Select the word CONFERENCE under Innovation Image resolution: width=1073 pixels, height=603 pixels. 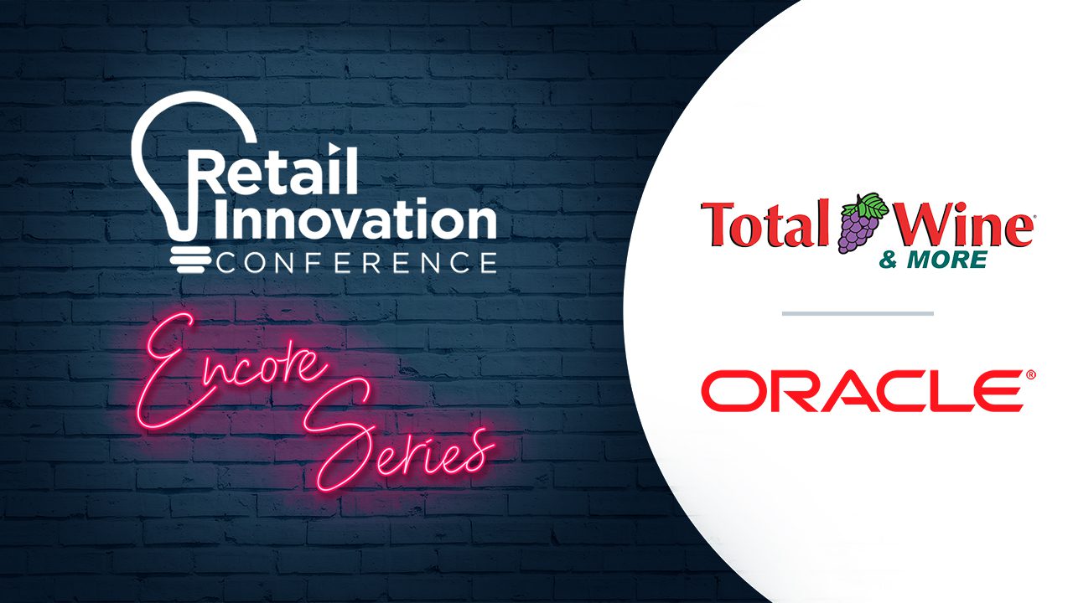[x=357, y=262]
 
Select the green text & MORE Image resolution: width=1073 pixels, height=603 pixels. [x=933, y=260]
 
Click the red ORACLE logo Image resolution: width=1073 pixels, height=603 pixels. [x=863, y=390]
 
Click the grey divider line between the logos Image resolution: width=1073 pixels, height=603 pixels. [x=858, y=313]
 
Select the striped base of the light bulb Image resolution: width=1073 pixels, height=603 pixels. [x=190, y=260]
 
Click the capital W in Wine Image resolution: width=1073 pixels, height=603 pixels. [x=913, y=224]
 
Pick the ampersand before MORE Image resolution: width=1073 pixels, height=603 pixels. [x=888, y=260]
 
